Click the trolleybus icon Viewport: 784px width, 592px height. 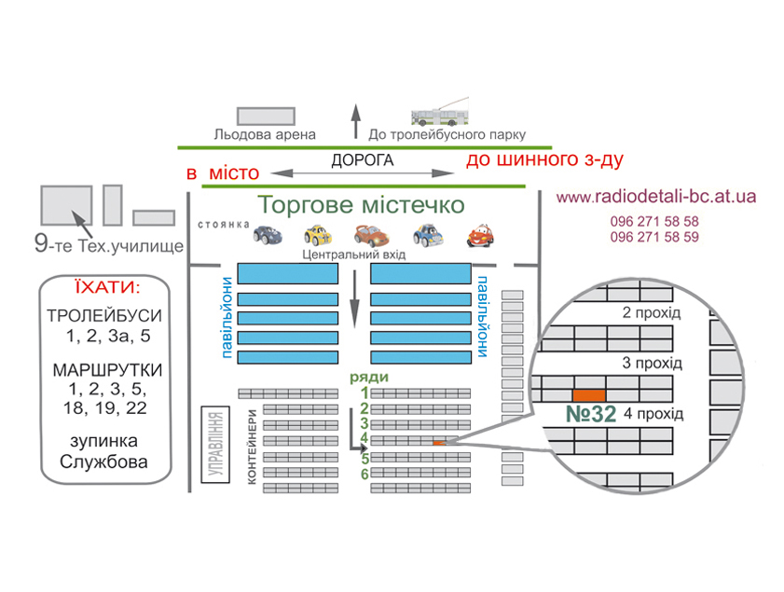coord(440,113)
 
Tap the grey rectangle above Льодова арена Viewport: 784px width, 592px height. coord(266,116)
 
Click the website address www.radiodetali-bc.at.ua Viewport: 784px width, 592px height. coord(656,197)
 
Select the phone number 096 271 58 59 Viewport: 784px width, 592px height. coord(654,237)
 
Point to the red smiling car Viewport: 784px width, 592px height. coord(480,236)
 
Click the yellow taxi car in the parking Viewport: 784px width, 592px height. coord(318,235)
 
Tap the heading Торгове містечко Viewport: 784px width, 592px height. coord(361,205)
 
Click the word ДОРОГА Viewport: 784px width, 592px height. coord(363,160)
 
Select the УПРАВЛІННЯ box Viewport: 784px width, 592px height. coord(215,445)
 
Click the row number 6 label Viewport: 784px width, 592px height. coord(365,474)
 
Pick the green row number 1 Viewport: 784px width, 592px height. coord(365,393)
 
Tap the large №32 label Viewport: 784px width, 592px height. coord(590,414)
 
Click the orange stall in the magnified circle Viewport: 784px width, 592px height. coord(589,396)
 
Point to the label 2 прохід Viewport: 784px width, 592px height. coord(651,313)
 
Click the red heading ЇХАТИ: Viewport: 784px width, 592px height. coord(107,287)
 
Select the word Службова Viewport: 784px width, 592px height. coord(103,462)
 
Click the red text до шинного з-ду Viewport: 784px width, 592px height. coord(544,160)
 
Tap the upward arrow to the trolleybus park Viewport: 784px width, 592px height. coord(355,121)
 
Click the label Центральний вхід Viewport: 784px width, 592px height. coord(353,255)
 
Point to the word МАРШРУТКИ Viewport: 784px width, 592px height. coord(107,370)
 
